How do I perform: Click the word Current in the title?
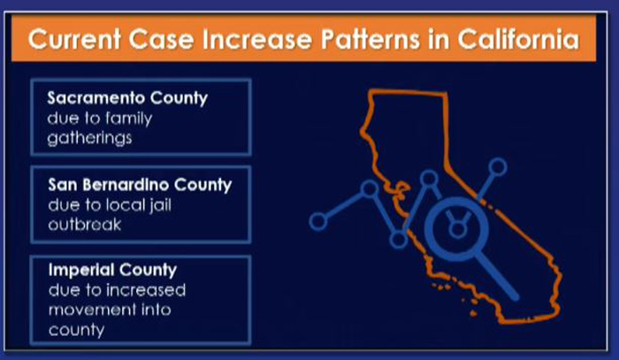pos(74,40)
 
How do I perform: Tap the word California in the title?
pos(518,40)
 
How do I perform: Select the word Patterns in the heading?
pos(370,40)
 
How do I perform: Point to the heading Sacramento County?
pos(127,98)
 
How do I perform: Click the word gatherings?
pos(89,138)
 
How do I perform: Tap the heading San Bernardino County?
pos(140,185)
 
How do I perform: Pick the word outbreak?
pos(85,225)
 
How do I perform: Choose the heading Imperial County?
pos(112,270)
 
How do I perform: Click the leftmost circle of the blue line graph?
pos(318,221)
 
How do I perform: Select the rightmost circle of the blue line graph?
pos(498,167)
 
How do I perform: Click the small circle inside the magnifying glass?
pos(457,230)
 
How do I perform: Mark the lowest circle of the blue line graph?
pos(398,239)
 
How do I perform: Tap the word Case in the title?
pos(161,40)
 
